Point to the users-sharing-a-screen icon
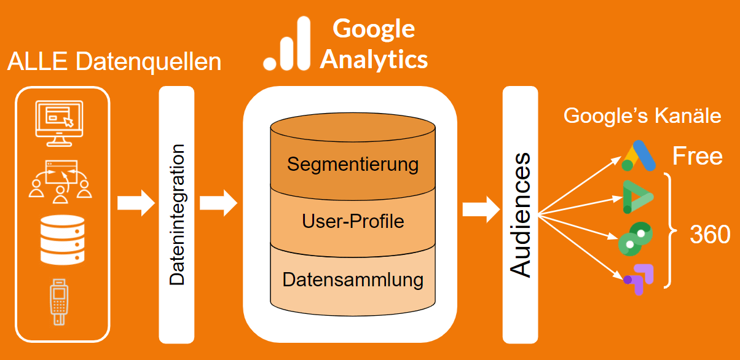point(60,182)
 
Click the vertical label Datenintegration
point(177,214)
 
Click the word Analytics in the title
point(374,60)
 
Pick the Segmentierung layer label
point(353,165)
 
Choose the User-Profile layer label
point(353,221)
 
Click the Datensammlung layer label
point(353,280)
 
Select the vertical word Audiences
point(521,214)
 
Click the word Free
point(697,157)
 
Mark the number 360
point(709,235)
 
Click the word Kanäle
point(690,115)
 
